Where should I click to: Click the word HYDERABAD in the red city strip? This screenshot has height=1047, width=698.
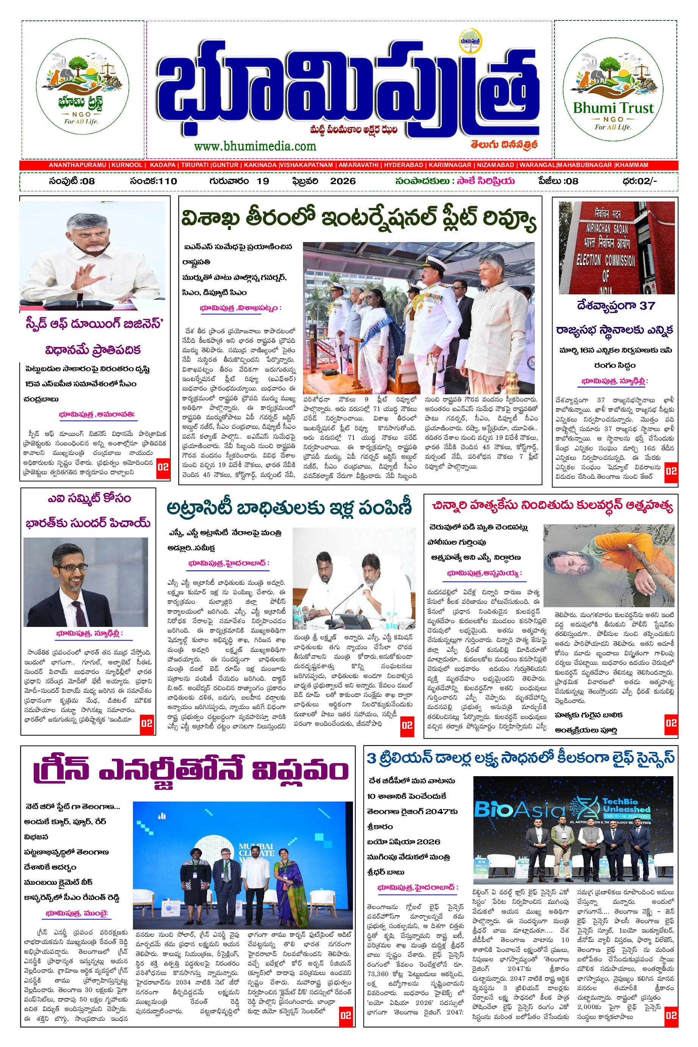click(x=403, y=165)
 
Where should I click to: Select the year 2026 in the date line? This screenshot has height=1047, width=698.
click(x=343, y=181)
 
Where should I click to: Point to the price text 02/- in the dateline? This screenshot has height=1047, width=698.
click(x=646, y=181)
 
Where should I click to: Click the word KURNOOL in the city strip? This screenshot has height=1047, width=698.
click(x=127, y=165)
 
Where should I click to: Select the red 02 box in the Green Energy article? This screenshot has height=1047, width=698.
click(x=345, y=1016)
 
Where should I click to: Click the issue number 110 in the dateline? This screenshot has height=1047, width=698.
click(x=167, y=181)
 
